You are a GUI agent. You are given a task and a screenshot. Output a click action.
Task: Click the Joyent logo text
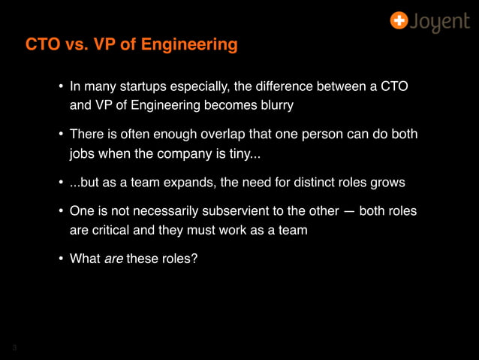tap(440, 22)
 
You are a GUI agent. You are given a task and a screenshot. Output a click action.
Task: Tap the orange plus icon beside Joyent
tap(399, 20)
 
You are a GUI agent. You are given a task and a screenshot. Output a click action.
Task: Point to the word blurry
tap(274, 105)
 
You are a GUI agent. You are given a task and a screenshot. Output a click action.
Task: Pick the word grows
tap(387, 183)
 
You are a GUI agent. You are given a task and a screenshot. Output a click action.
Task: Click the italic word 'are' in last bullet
tap(113, 259)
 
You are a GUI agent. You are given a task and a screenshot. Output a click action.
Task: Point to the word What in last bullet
tap(85, 259)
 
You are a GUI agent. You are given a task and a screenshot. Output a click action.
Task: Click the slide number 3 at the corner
tap(14, 347)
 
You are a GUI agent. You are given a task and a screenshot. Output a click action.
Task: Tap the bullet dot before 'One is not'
tap(61, 212)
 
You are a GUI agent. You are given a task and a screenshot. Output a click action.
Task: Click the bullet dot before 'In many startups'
tap(61, 87)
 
